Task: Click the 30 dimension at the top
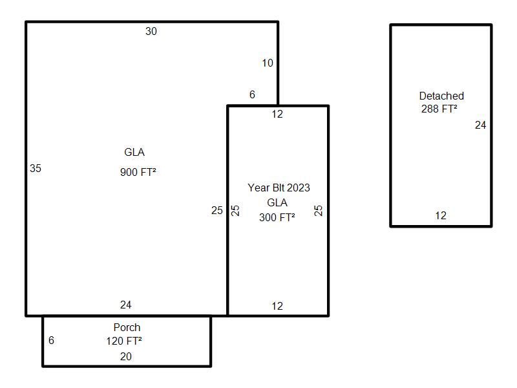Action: coord(151,31)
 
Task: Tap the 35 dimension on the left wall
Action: coord(36,168)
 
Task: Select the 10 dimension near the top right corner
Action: coord(268,63)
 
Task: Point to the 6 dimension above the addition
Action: coord(252,94)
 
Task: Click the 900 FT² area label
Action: coord(138,172)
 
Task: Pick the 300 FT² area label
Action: coord(277,217)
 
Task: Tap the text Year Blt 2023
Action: coord(279,188)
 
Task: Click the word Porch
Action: coord(127,327)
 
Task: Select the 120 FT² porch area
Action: coord(124,341)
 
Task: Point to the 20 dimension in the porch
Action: coord(126,356)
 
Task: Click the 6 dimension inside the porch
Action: coord(51,340)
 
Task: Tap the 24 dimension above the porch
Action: coord(126,305)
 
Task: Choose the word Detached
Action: coord(441,96)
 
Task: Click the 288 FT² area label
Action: coord(439,109)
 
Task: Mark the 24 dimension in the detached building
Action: coord(480,125)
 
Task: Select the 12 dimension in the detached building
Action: coord(440,215)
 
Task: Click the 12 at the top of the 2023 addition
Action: coord(277,114)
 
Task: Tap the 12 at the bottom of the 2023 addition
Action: coord(277,306)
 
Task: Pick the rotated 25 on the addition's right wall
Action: coord(318,210)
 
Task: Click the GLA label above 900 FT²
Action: coord(134,153)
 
